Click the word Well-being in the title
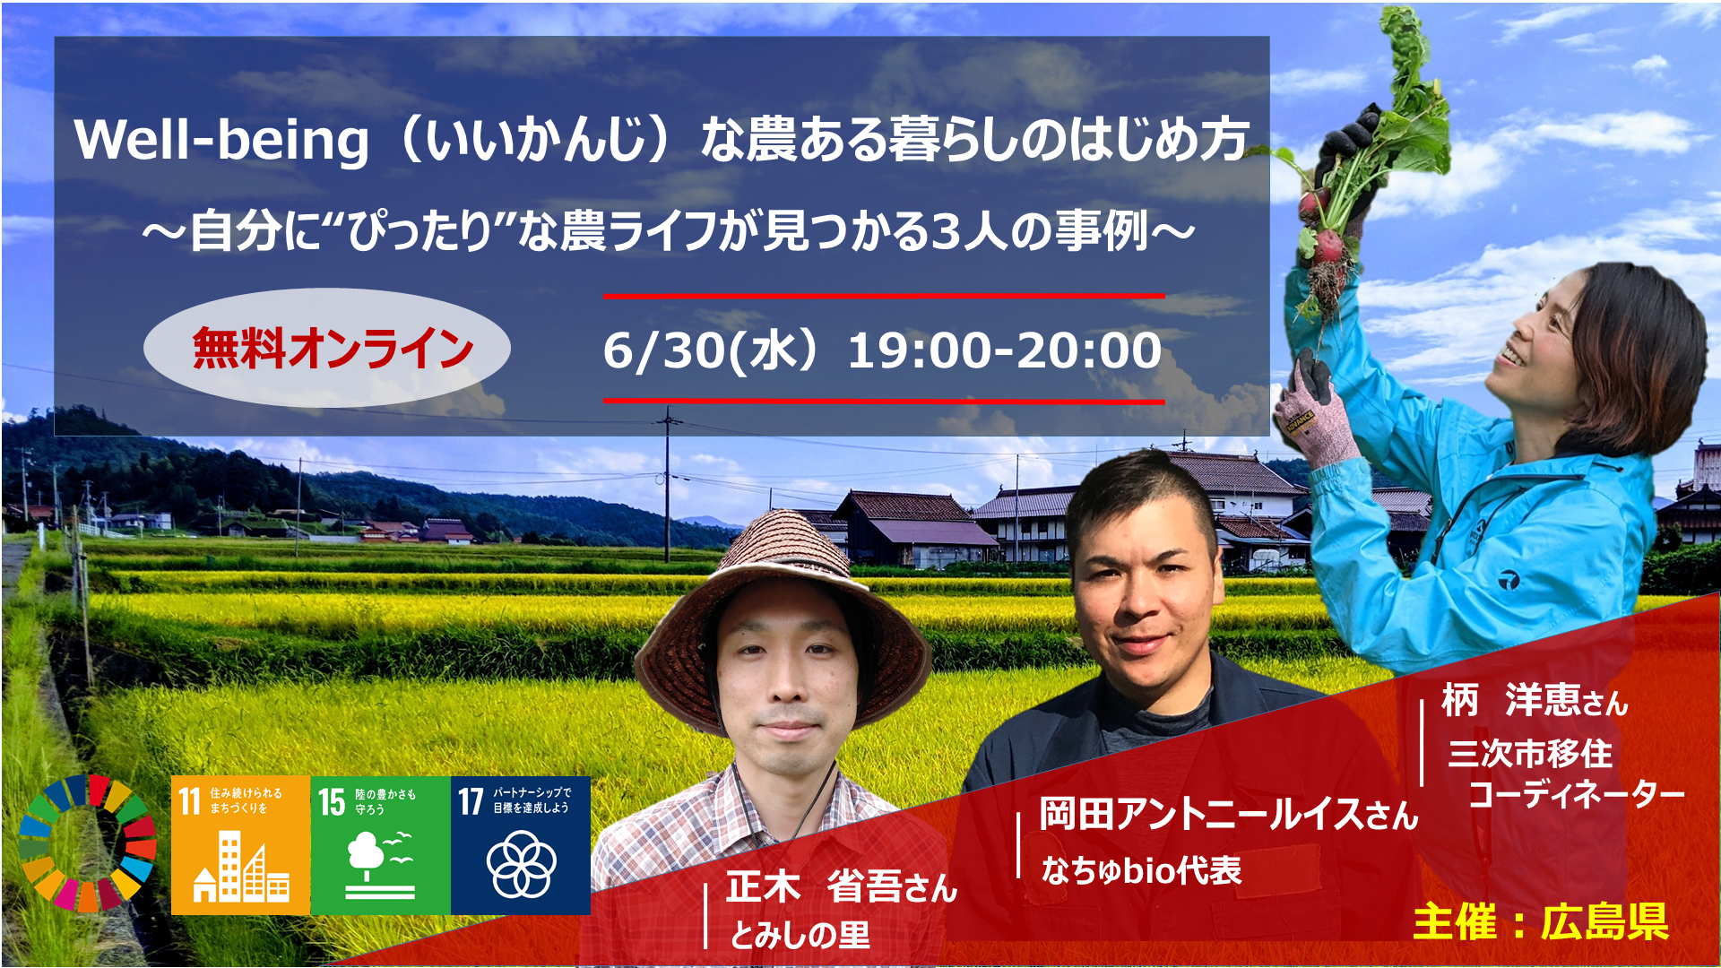221,142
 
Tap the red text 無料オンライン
333,349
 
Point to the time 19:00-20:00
1005,350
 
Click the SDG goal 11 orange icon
240,845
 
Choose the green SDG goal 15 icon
380,845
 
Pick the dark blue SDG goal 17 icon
520,845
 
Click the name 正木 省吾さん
842,886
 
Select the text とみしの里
800,936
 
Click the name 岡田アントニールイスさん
1229,814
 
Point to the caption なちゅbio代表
1142,869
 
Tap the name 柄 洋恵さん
1535,700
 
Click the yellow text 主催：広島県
1541,922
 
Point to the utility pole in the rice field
667,484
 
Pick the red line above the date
884,296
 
